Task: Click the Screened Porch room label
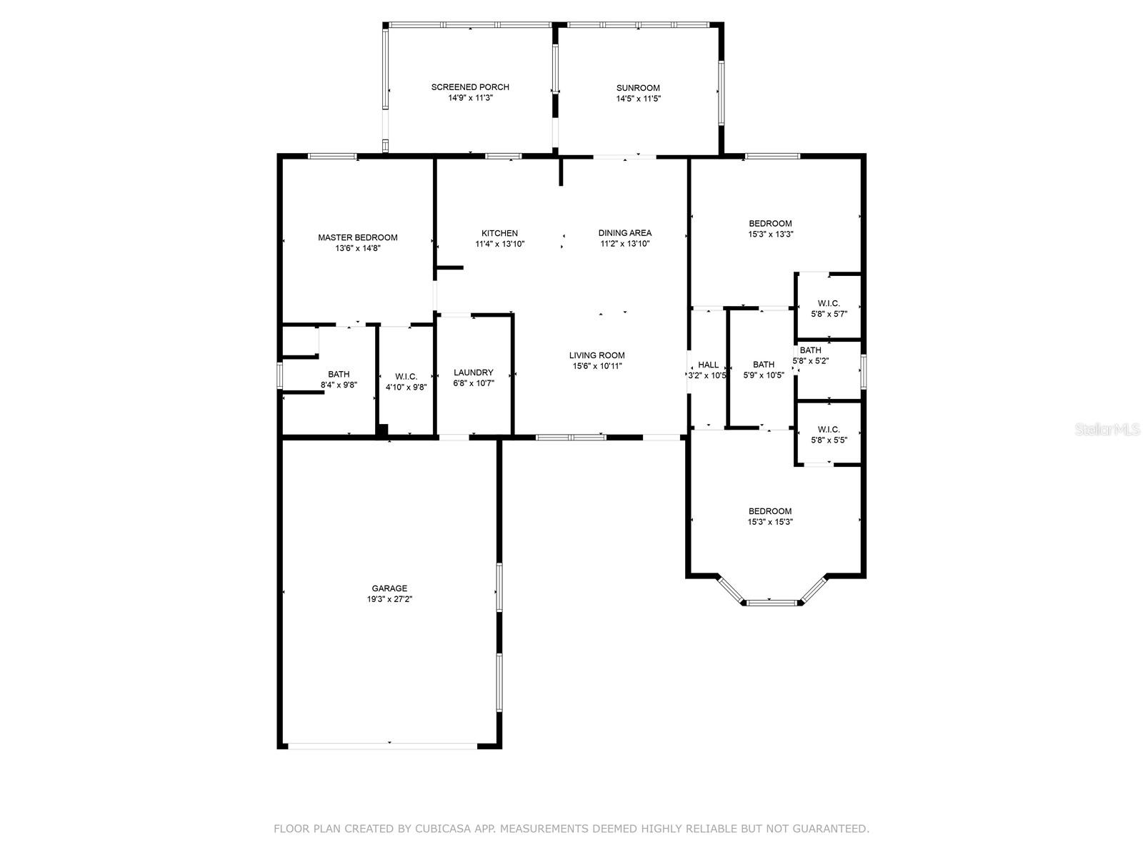(469, 87)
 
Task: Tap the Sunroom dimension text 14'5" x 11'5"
(638, 99)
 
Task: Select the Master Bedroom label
(357, 237)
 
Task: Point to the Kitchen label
(499, 233)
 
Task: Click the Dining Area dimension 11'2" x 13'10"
(625, 243)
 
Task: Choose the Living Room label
(597, 355)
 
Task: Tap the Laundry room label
(474, 373)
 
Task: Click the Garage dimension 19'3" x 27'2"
(389, 599)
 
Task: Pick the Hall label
(708, 365)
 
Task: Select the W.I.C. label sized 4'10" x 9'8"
(406, 377)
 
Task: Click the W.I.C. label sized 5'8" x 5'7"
(829, 303)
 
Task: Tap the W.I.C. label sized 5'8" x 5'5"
(829, 429)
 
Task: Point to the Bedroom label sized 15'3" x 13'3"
(770, 224)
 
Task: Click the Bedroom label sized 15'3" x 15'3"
(770, 511)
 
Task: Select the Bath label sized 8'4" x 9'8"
(339, 374)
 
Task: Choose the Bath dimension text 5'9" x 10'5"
(764, 375)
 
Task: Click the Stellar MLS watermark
(1107, 430)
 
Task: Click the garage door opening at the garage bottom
(383, 746)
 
